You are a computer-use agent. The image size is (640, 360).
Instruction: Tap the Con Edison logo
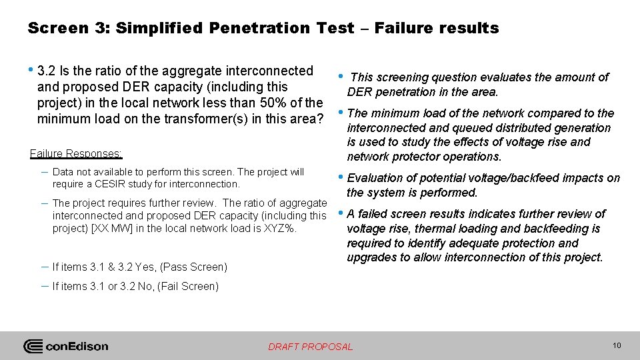pyautogui.click(x=66, y=346)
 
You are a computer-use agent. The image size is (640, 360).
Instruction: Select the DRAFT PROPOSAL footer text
pyautogui.click(x=311, y=347)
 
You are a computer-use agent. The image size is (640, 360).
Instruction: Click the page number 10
pyautogui.click(x=616, y=345)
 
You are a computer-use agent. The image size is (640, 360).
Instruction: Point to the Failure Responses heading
pyautogui.click(x=76, y=153)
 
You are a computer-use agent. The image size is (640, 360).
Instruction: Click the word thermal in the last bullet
pyautogui.click(x=433, y=229)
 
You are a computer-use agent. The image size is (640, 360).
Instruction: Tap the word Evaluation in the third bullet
pyautogui.click(x=375, y=178)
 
